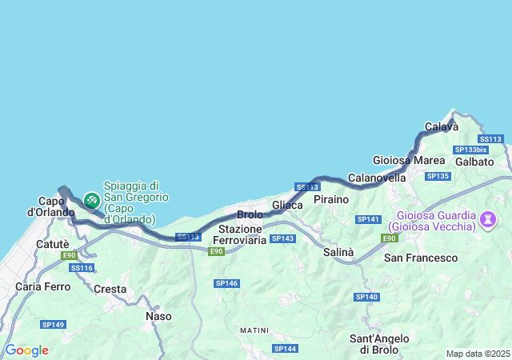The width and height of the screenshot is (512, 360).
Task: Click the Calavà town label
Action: pyautogui.click(x=441, y=126)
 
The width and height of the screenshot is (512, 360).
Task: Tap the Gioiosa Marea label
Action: pyautogui.click(x=403, y=160)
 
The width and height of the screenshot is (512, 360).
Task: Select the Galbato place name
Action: pyautogui.click(x=474, y=162)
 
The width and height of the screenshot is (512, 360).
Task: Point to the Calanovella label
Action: pyautogui.click(x=378, y=178)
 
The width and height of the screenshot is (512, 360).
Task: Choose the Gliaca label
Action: pyautogui.click(x=287, y=206)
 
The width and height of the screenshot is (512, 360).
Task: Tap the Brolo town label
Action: pyautogui.click(x=250, y=215)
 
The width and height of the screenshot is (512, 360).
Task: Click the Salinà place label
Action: pyautogui.click(x=338, y=252)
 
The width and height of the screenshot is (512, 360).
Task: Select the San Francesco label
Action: pyautogui.click(x=421, y=258)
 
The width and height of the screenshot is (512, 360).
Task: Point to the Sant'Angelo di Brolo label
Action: pyautogui.click(x=380, y=344)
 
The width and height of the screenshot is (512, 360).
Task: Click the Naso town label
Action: pyautogui.click(x=158, y=316)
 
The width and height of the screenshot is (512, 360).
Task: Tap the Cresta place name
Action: pyautogui.click(x=110, y=288)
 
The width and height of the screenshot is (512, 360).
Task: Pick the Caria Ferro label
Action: pyautogui.click(x=41, y=286)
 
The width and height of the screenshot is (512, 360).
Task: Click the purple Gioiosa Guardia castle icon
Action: pyautogui.click(x=488, y=218)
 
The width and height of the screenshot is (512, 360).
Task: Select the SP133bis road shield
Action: pyautogui.click(x=470, y=150)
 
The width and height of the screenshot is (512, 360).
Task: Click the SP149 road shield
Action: pyautogui.click(x=54, y=323)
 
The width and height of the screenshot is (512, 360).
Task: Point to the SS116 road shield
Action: pyautogui.click(x=82, y=267)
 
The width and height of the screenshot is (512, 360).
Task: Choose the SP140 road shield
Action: pyautogui.click(x=366, y=297)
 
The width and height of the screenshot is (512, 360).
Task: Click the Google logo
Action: pyautogui.click(x=26, y=350)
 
